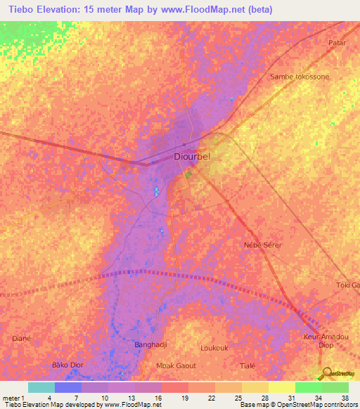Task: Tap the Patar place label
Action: [338, 43]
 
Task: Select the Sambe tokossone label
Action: [300, 77]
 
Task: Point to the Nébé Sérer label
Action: [262, 245]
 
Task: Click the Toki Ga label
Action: [347, 285]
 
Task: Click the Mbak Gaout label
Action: [176, 366]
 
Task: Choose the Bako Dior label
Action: [68, 365]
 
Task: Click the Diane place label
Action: [22, 338]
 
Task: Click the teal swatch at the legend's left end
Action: [41, 387]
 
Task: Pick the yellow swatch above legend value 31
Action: [281, 387]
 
